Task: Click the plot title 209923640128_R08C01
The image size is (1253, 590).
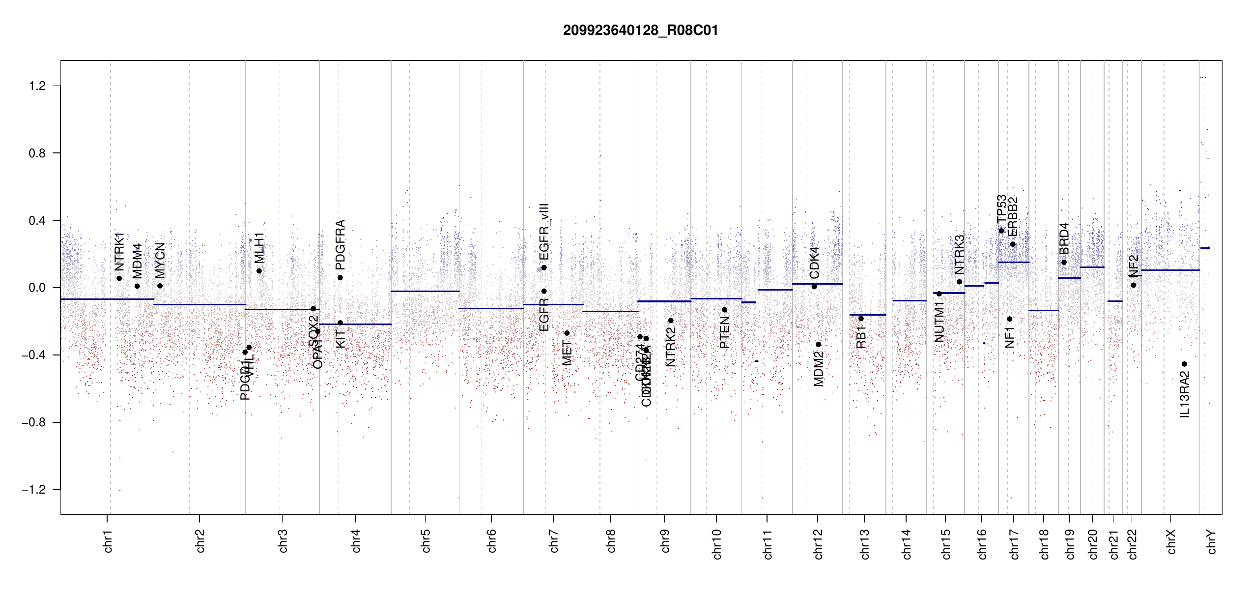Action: [640, 30]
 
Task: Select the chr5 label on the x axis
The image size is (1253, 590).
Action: [426, 541]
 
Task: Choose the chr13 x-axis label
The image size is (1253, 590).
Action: [865, 544]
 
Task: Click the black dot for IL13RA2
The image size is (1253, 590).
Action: [1184, 364]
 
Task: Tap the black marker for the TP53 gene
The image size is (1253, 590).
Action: [1001, 231]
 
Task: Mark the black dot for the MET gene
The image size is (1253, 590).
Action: [567, 333]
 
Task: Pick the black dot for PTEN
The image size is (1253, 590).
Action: [724, 310]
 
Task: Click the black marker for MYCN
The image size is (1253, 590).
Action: [160, 286]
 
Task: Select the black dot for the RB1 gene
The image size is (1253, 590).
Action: [861, 319]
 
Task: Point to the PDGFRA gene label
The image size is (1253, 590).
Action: [340, 245]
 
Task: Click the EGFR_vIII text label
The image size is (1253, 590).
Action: [544, 232]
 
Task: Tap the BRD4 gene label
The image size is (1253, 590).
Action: [1064, 238]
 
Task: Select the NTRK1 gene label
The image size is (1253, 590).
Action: [119, 252]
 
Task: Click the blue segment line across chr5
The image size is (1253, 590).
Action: [425, 292]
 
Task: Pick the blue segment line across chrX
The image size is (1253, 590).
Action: [1170, 270]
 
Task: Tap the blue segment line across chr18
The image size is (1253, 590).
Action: [1043, 311]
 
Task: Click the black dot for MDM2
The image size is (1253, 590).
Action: [818, 345]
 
